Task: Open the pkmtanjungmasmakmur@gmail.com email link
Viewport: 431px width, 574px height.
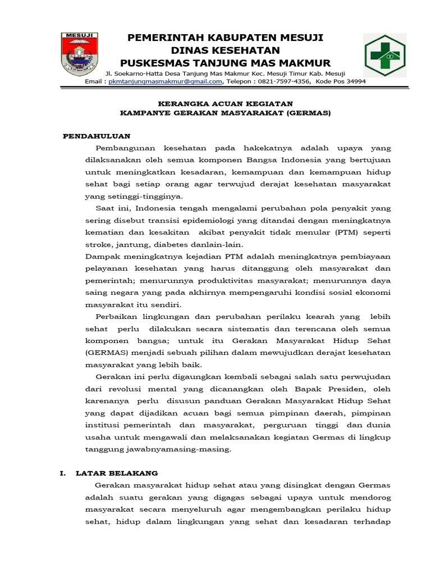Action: tap(165, 81)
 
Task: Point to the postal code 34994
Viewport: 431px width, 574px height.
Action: tap(354, 81)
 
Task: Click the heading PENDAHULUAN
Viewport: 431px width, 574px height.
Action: tap(97, 136)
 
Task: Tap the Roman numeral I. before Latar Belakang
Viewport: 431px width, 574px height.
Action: tap(63, 473)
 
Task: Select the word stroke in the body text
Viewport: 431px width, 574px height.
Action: tap(97, 244)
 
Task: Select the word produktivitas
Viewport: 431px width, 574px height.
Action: tap(242, 280)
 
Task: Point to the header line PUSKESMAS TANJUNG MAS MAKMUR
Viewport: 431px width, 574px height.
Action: tap(226, 62)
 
